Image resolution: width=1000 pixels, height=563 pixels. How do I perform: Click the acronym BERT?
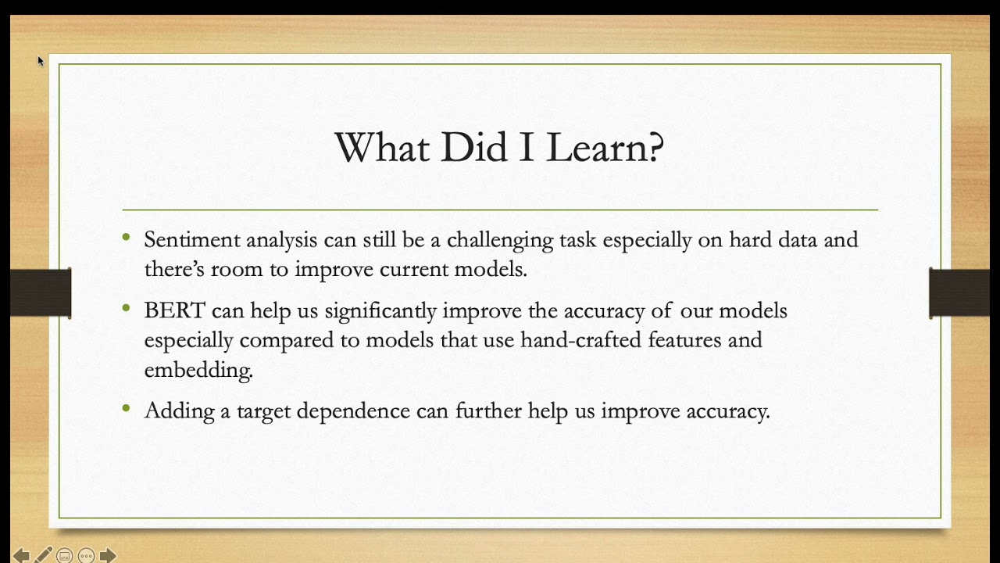[174, 310]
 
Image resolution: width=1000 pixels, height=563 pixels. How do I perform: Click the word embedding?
[198, 370]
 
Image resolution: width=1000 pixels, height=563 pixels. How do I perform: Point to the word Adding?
[179, 411]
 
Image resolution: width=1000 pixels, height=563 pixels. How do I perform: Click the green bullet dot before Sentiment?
[127, 237]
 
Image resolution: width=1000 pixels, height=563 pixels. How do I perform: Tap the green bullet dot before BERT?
[127, 308]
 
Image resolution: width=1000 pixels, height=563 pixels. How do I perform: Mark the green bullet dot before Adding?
[127, 408]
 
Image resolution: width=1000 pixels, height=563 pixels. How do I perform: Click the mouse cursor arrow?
[41, 60]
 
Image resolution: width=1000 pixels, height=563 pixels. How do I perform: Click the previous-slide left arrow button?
[21, 555]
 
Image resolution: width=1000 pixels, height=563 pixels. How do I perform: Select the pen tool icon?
[43, 555]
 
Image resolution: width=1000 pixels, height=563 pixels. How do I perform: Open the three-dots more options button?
[86, 556]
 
